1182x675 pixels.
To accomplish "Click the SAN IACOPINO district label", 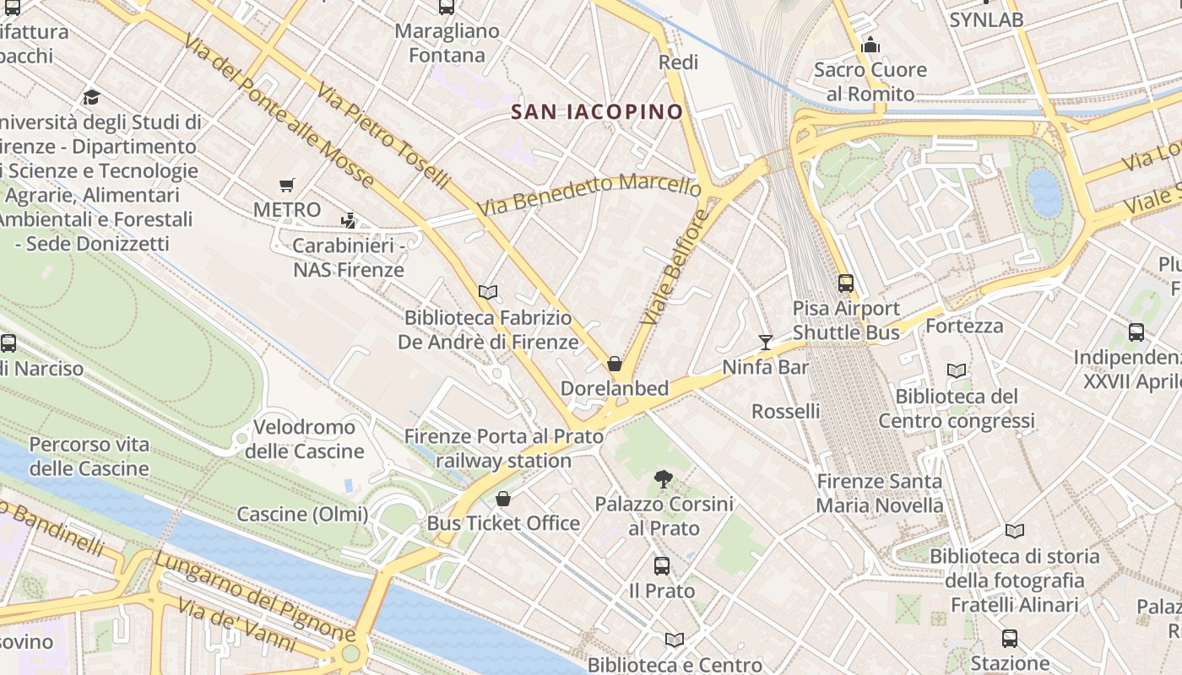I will [597, 111].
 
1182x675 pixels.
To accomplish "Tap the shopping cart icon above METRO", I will [287, 185].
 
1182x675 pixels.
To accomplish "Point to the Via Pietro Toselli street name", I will [385, 135].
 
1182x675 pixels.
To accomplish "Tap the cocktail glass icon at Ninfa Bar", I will [766, 342].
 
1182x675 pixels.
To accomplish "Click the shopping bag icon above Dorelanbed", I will [615, 364].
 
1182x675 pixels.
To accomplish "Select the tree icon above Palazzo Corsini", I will [664, 479].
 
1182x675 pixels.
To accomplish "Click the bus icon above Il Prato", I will [662, 566].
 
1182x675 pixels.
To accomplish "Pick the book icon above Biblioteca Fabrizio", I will [488, 293].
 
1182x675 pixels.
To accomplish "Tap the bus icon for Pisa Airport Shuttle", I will [846, 283].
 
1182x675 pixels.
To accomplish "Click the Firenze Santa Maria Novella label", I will [880, 493].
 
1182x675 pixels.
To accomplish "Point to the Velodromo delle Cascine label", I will [304, 439].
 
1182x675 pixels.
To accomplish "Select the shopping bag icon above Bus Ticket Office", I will [503, 499].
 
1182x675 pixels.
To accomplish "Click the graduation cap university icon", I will [91, 97].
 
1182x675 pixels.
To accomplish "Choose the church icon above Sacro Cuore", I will [870, 45].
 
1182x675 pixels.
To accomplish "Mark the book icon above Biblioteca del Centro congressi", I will [957, 370].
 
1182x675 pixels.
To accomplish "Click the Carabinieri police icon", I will [348, 221].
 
